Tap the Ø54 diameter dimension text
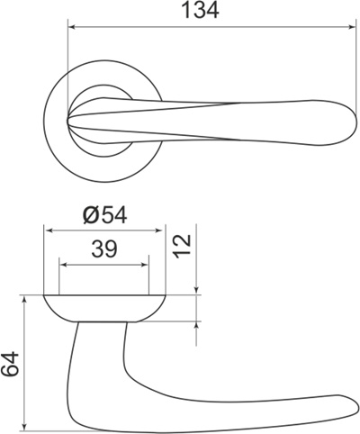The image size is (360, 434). (105, 215)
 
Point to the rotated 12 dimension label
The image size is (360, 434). (184, 246)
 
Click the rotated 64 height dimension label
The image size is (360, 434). (11, 364)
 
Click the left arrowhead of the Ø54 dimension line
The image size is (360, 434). (49, 231)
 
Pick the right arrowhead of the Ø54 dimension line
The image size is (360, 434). (162, 231)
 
